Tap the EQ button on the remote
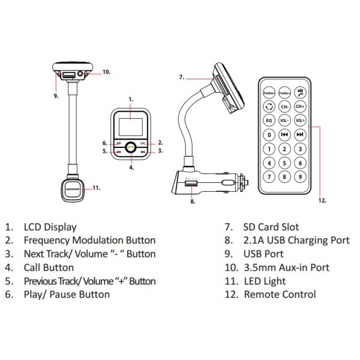click(269, 120)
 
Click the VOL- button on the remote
click(285, 120)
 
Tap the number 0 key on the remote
click(269, 134)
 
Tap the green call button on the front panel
click(130, 148)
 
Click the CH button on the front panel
click(144, 143)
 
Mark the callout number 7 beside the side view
click(182, 77)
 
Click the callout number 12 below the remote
click(322, 200)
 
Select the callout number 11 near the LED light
click(96, 188)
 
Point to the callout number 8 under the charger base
click(192, 201)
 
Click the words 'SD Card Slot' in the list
click(271, 227)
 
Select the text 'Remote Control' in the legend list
click(280, 294)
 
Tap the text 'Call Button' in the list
click(48, 268)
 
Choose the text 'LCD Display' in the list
click(50, 227)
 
